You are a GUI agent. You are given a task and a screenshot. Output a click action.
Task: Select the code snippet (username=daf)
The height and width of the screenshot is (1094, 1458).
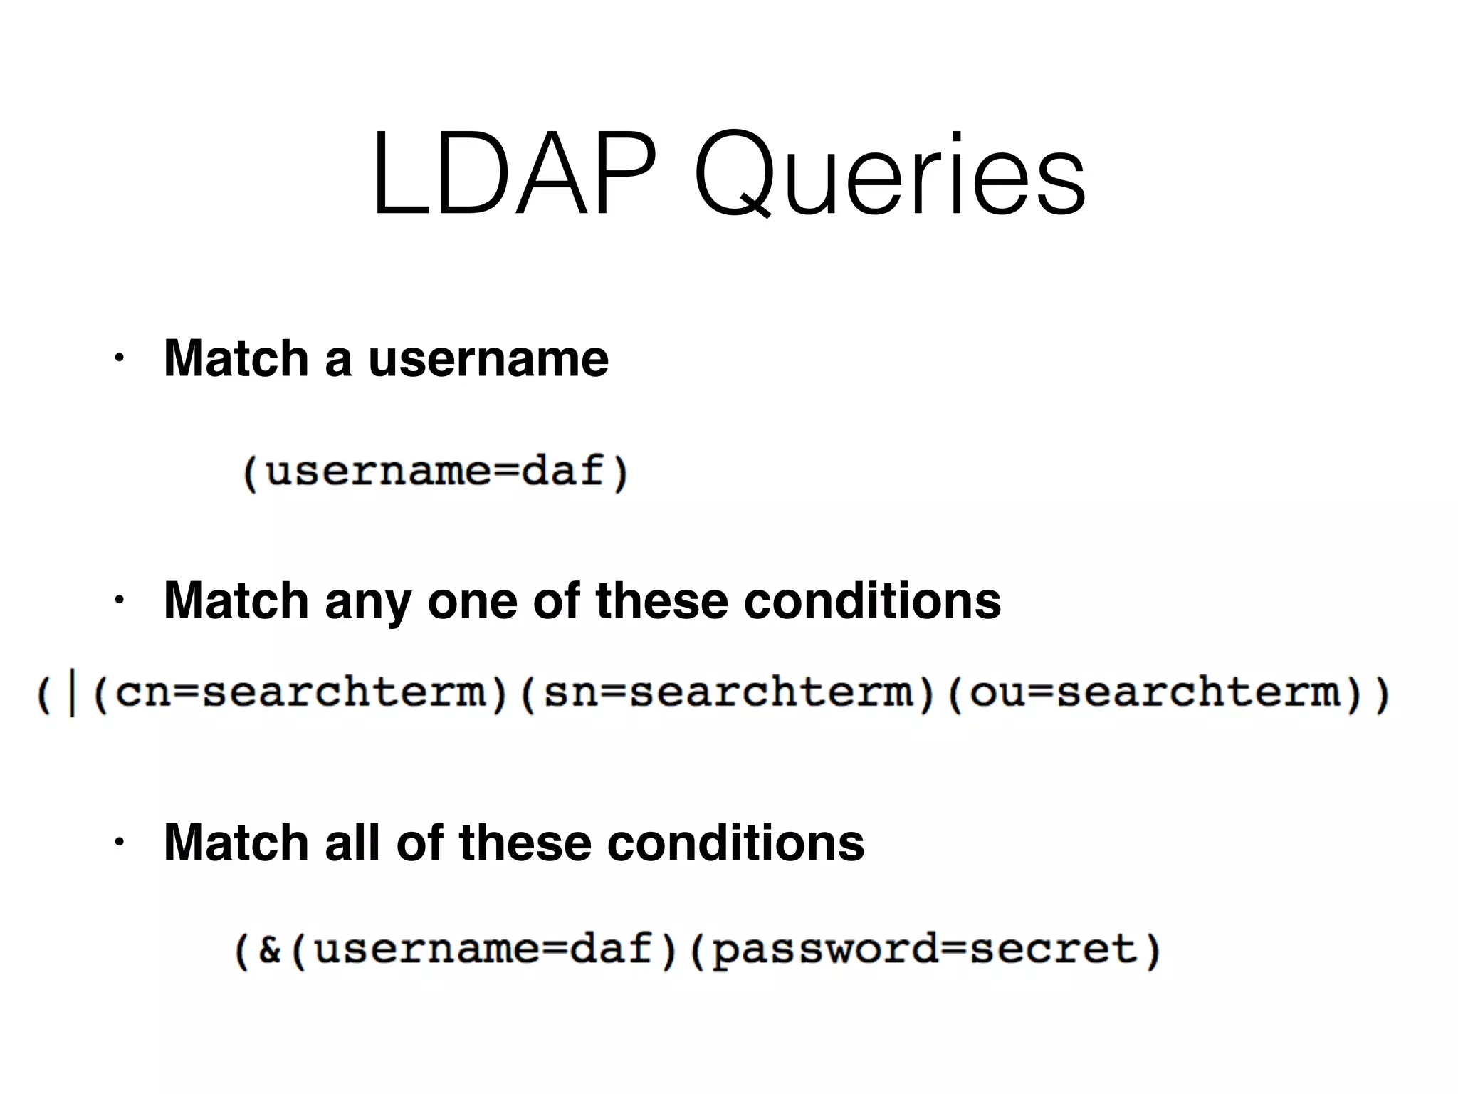point(435,472)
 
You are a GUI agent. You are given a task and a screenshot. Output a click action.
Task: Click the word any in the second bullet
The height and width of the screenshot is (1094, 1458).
point(367,602)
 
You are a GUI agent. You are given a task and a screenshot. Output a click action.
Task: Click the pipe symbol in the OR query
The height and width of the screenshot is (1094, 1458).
point(71,695)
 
